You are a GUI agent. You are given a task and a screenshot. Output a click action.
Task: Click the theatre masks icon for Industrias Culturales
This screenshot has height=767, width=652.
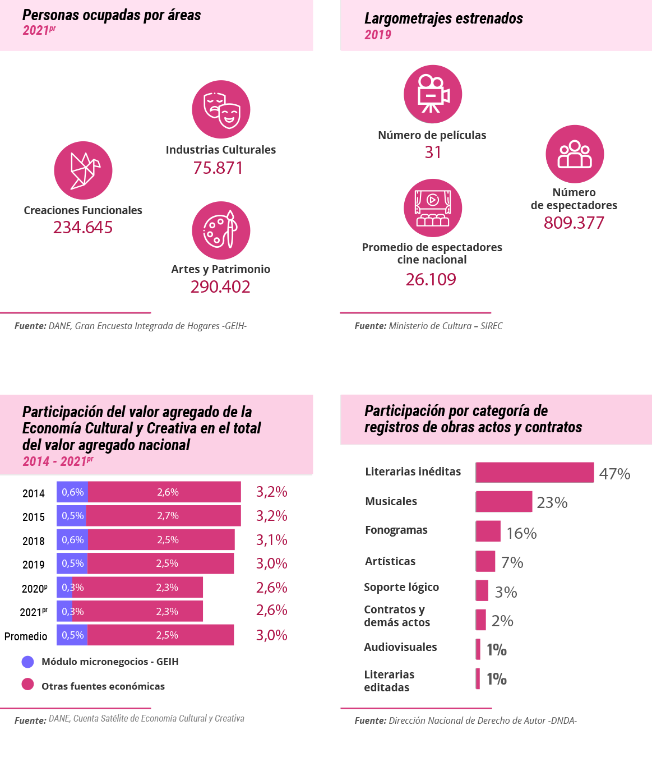pyautogui.click(x=221, y=109)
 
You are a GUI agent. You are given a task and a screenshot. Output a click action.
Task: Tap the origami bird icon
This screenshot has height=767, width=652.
pyautogui.click(x=83, y=170)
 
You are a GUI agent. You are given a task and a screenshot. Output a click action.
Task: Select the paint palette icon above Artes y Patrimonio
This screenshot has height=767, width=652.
pyautogui.click(x=221, y=230)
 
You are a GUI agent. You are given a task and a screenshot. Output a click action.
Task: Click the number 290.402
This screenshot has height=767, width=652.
pyautogui.click(x=220, y=287)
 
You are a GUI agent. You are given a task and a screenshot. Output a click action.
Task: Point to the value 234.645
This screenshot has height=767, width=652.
pyautogui.click(x=83, y=228)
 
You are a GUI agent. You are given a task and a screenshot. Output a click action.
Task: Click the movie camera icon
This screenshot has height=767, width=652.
pyautogui.click(x=433, y=94)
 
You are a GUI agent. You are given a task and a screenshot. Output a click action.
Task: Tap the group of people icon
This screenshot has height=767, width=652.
pyautogui.click(x=575, y=154)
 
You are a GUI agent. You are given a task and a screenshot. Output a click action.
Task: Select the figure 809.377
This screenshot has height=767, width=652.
pyautogui.click(x=574, y=223)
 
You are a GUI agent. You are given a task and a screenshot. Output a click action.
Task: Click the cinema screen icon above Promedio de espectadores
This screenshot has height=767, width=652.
pyautogui.click(x=433, y=208)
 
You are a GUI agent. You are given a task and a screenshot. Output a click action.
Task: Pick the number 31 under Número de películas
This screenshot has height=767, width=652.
pyautogui.click(x=433, y=153)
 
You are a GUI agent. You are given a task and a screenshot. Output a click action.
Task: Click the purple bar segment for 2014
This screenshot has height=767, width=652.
pyautogui.click(x=72, y=492)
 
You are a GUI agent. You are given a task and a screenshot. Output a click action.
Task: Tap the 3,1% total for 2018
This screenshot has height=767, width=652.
pyautogui.click(x=272, y=540)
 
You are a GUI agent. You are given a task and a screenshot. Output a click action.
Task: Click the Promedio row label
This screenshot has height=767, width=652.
pyautogui.click(x=26, y=636)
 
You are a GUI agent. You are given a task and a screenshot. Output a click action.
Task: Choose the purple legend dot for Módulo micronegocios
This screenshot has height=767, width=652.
pyautogui.click(x=27, y=662)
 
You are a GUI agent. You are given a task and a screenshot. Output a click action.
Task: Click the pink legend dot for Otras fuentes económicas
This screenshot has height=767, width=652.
pyautogui.click(x=27, y=685)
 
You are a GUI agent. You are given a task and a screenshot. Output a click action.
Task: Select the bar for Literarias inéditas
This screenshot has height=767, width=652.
pyautogui.click(x=534, y=473)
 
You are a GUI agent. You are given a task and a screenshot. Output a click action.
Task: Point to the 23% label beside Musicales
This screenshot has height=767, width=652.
pyautogui.click(x=552, y=502)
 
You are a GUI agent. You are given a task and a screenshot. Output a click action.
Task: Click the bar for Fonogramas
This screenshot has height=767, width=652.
pyautogui.click(x=488, y=531)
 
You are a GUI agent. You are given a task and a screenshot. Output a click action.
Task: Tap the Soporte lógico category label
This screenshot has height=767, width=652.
pyautogui.click(x=401, y=587)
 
